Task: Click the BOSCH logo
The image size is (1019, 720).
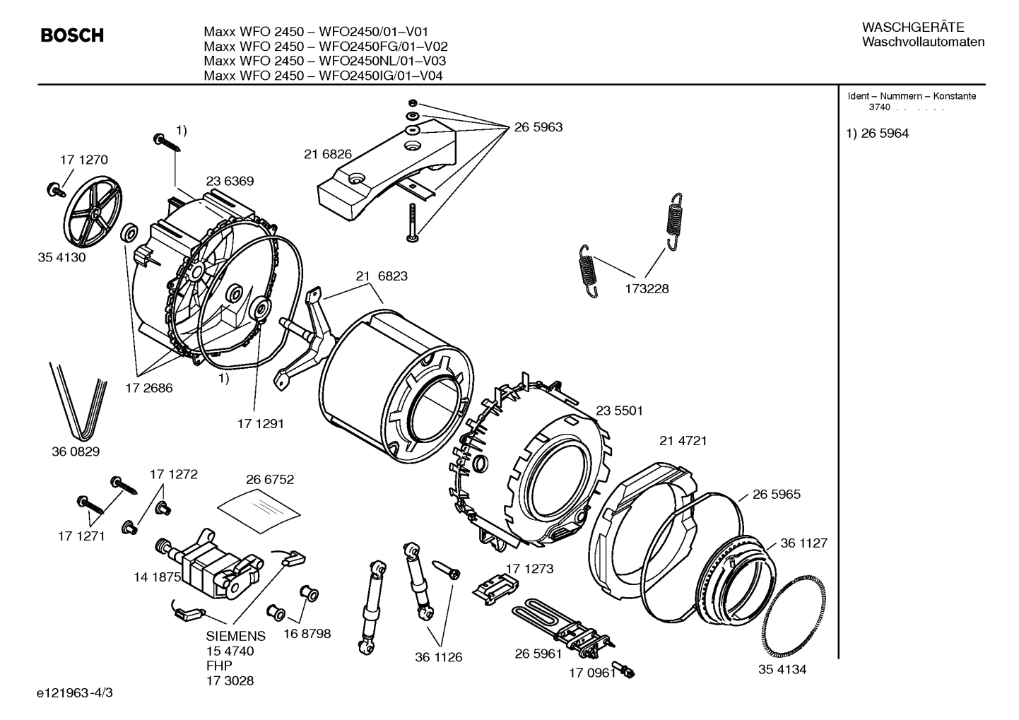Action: click(72, 35)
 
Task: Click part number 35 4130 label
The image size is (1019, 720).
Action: click(61, 257)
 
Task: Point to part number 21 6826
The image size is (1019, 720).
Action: click(328, 154)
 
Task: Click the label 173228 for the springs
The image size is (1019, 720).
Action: click(646, 288)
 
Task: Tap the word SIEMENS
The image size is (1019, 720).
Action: click(236, 636)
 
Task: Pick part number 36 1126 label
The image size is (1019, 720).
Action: click(438, 657)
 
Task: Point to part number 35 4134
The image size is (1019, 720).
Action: click(782, 669)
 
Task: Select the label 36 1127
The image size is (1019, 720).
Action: click(803, 543)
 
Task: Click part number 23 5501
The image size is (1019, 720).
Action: click(619, 411)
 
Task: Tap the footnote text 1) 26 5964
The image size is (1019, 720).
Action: click(878, 134)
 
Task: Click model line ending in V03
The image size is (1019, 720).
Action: click(324, 61)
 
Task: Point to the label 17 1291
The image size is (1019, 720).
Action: click(260, 423)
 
